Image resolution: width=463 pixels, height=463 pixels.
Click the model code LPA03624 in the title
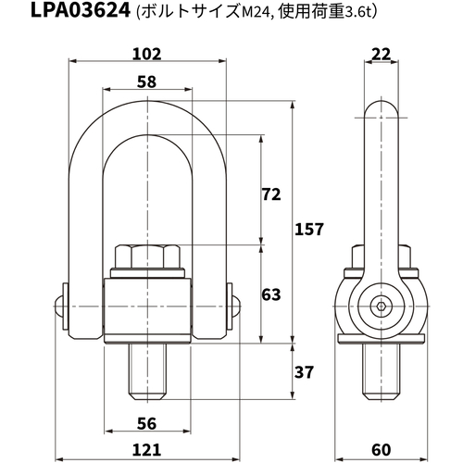[x=81, y=10]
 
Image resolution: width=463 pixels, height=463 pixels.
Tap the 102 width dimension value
[x=147, y=55]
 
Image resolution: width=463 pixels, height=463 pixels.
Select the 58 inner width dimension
[x=147, y=82]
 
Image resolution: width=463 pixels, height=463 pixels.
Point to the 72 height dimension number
[x=271, y=194]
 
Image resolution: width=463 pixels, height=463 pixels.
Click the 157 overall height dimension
[x=309, y=230]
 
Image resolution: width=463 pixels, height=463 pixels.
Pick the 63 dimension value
[x=271, y=294]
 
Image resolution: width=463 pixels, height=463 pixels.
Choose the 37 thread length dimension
[x=304, y=372]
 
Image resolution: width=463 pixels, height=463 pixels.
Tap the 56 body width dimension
[x=147, y=424]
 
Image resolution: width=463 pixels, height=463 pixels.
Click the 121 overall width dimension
[x=147, y=450]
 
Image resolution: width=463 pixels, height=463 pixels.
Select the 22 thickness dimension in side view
[x=382, y=55]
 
